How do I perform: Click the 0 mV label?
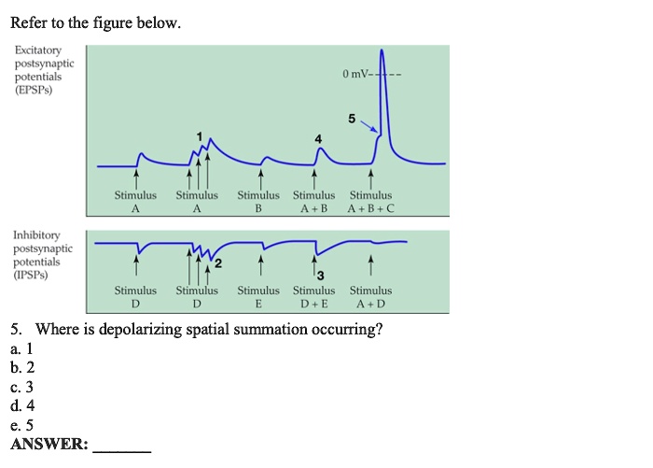point(355,74)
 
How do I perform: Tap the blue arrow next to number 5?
point(370,126)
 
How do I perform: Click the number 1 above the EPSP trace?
point(198,135)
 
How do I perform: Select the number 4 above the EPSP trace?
point(318,138)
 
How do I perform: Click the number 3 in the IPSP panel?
point(320,275)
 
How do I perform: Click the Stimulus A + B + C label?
point(371,202)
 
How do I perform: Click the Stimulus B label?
point(258,202)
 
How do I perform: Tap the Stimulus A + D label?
point(371,297)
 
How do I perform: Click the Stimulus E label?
point(258,297)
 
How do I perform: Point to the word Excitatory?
point(37,50)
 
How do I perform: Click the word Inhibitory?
point(36,235)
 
